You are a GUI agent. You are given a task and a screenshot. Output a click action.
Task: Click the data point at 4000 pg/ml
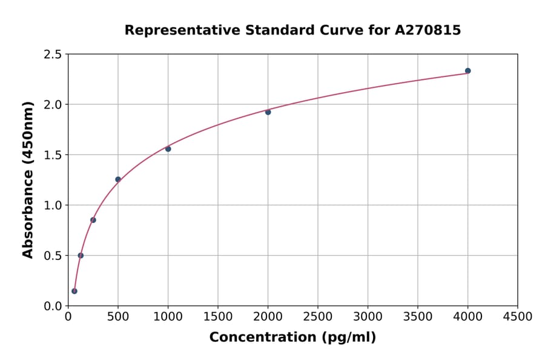(x=467, y=71)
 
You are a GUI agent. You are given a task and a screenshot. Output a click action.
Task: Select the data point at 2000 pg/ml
(x=268, y=112)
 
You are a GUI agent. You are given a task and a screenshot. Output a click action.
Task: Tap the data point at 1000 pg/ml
(x=168, y=148)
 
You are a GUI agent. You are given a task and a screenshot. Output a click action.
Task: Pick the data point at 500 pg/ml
(x=118, y=179)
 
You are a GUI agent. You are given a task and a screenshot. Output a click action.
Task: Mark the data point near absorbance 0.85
(x=93, y=220)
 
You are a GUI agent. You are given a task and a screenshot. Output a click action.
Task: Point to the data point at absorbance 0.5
(x=81, y=255)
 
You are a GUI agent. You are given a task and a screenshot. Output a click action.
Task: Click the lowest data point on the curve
(x=74, y=291)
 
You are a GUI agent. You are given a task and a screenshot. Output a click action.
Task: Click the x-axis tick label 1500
(x=218, y=317)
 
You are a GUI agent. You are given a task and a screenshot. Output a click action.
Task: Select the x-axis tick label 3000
(x=368, y=317)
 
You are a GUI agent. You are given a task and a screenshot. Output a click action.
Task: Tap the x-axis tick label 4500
(x=517, y=317)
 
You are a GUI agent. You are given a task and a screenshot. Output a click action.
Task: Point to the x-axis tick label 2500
(x=318, y=317)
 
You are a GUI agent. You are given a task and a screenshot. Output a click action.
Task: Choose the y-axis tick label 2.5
(x=53, y=55)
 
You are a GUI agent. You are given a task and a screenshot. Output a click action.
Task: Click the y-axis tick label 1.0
(x=53, y=205)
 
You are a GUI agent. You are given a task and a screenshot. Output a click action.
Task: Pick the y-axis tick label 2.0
(x=53, y=105)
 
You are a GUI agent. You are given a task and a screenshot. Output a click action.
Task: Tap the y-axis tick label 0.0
(x=53, y=306)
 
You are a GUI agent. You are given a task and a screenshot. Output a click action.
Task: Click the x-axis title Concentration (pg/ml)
(x=292, y=338)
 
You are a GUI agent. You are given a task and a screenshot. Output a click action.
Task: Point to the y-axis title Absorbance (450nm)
(x=28, y=180)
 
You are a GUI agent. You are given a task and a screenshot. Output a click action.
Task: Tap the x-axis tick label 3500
(x=418, y=317)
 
